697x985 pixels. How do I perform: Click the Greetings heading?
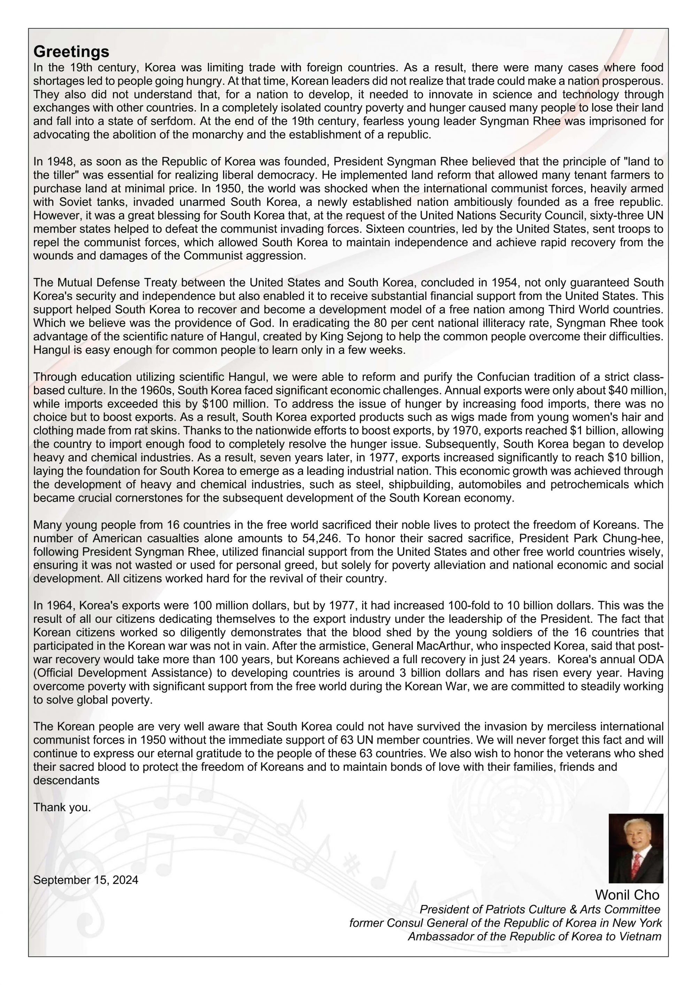[x=71, y=52]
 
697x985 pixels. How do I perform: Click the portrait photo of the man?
[x=636, y=848]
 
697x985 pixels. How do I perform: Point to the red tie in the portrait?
[x=637, y=862]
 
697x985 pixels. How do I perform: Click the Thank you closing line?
[x=62, y=807]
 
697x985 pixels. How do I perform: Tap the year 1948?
[x=57, y=162]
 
